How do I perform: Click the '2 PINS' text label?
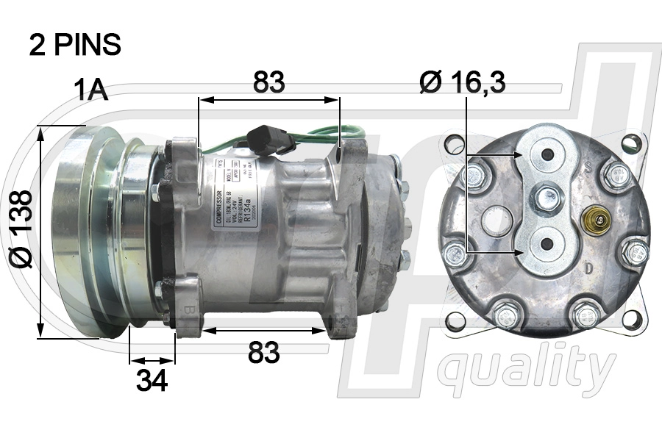click(x=74, y=46)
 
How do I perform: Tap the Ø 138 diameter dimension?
click(x=23, y=229)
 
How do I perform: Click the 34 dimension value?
click(x=152, y=380)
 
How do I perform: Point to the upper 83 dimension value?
click(x=268, y=83)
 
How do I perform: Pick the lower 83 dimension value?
click(x=263, y=353)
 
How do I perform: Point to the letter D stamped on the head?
click(x=589, y=269)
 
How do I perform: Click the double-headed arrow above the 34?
click(x=152, y=361)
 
